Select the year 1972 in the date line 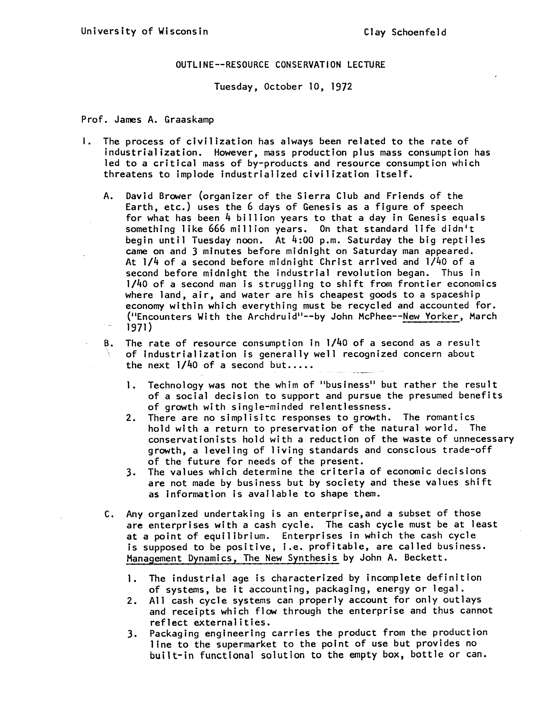(x=342, y=87)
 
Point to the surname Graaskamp (x=189, y=120)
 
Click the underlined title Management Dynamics (x=183, y=558)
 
